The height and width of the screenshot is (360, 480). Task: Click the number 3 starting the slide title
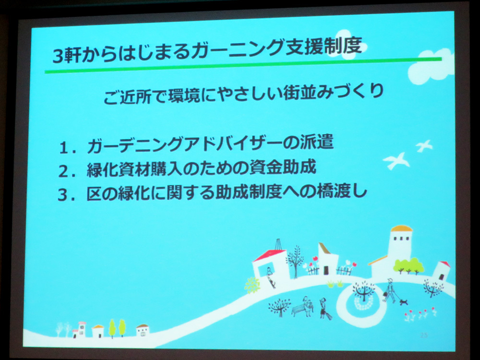pos(58,56)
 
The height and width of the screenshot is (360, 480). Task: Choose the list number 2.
pos(64,171)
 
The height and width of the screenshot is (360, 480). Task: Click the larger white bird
pos(396,161)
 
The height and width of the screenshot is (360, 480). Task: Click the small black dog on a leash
pos(404,302)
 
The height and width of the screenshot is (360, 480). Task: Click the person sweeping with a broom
pos(324,309)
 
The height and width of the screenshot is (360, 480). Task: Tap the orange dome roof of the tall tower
pos(402,228)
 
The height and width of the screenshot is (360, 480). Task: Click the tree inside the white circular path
pos(364,291)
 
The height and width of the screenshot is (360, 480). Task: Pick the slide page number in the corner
pos(424,336)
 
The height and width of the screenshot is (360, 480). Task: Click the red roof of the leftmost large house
pos(269,255)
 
